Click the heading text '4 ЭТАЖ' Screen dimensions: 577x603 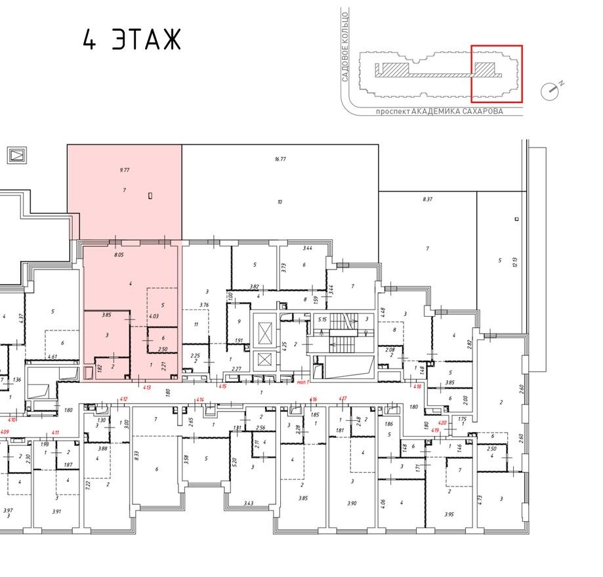click(131, 40)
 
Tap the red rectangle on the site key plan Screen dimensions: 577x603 click(497, 74)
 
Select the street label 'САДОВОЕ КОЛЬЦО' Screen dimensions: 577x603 click(344, 45)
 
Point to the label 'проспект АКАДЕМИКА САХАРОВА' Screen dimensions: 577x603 click(439, 112)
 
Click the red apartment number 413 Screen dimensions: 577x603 click(148, 388)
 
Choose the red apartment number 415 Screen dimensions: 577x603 click(222, 387)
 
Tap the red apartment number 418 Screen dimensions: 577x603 click(417, 386)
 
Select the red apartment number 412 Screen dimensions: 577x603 click(123, 399)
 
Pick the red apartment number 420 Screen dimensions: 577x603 click(442, 424)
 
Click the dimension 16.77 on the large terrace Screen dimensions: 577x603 click(280, 159)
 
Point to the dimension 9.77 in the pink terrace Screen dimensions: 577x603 click(124, 170)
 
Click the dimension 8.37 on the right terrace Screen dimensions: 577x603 click(428, 199)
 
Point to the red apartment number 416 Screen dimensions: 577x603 click(314, 399)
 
